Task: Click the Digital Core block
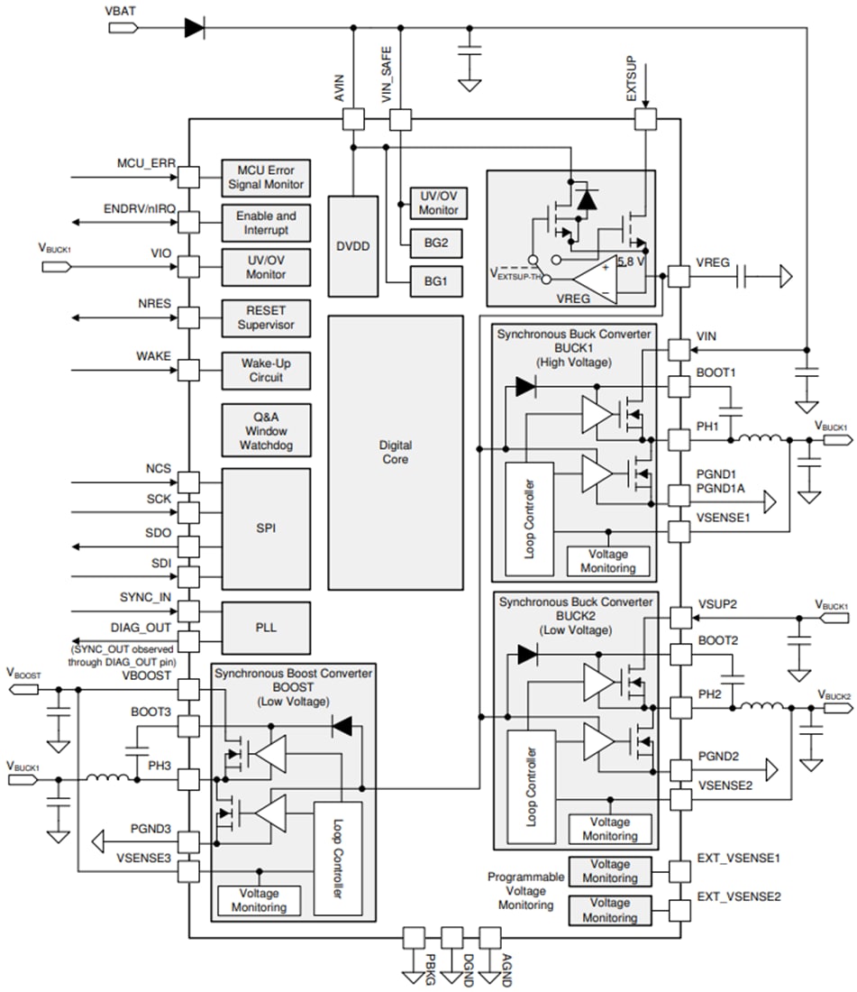[395, 452]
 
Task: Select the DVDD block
[352, 244]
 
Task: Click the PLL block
[266, 627]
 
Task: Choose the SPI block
[266, 527]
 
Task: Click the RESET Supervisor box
[266, 317]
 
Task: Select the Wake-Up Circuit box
[266, 370]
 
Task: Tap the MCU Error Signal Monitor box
[266, 178]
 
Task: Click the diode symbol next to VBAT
[194, 27]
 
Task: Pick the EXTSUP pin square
[644, 119]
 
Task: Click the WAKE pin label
[153, 356]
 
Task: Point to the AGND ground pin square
[489, 937]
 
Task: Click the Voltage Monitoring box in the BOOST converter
[260, 900]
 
